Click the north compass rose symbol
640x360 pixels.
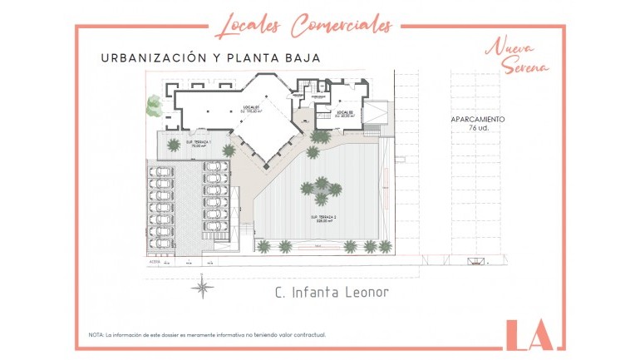click(202, 288)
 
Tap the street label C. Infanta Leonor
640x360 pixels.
click(331, 293)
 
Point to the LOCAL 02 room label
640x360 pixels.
click(345, 114)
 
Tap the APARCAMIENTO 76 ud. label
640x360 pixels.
click(477, 124)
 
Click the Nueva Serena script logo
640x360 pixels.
click(517, 56)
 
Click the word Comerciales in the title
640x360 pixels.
click(341, 24)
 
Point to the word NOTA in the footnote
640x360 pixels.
click(96, 335)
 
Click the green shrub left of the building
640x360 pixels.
click(154, 106)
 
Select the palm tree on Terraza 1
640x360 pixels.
click(174, 144)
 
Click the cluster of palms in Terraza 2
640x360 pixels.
click(321, 189)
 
